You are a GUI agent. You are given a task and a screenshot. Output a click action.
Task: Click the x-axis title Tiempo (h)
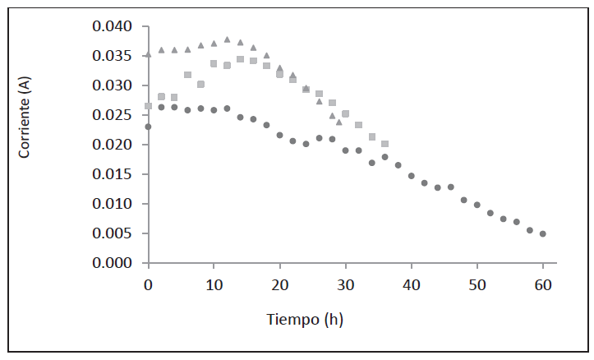(304, 320)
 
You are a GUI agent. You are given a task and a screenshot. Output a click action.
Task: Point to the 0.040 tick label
(113, 27)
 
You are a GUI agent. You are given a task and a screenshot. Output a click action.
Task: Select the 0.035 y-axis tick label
(113, 57)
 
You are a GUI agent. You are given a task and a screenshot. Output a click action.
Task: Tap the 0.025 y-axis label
(113, 116)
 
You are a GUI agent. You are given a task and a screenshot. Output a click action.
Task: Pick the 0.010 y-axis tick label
(113, 204)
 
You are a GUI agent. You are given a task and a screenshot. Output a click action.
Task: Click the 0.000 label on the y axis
(113, 263)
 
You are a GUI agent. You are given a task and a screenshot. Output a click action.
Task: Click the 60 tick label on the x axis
(542, 284)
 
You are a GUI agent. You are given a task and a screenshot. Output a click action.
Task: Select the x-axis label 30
(345, 284)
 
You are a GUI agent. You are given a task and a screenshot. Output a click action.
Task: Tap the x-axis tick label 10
(214, 284)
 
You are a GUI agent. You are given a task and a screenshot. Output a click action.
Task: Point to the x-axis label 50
(477, 284)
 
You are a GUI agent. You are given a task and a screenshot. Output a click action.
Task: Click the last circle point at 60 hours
(543, 233)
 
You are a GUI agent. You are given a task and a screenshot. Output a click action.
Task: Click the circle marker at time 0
(148, 127)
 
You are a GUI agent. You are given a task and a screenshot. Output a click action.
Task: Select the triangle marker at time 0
(148, 55)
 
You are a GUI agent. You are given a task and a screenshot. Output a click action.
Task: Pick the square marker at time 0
(148, 106)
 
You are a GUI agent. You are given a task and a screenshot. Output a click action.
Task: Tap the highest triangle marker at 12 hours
(227, 39)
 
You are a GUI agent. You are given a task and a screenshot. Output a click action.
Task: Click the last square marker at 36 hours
(384, 144)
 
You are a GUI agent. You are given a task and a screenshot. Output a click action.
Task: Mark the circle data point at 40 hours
(411, 176)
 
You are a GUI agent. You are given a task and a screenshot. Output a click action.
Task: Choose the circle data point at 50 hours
(477, 205)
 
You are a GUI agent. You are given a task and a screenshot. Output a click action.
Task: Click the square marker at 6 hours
(187, 75)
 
